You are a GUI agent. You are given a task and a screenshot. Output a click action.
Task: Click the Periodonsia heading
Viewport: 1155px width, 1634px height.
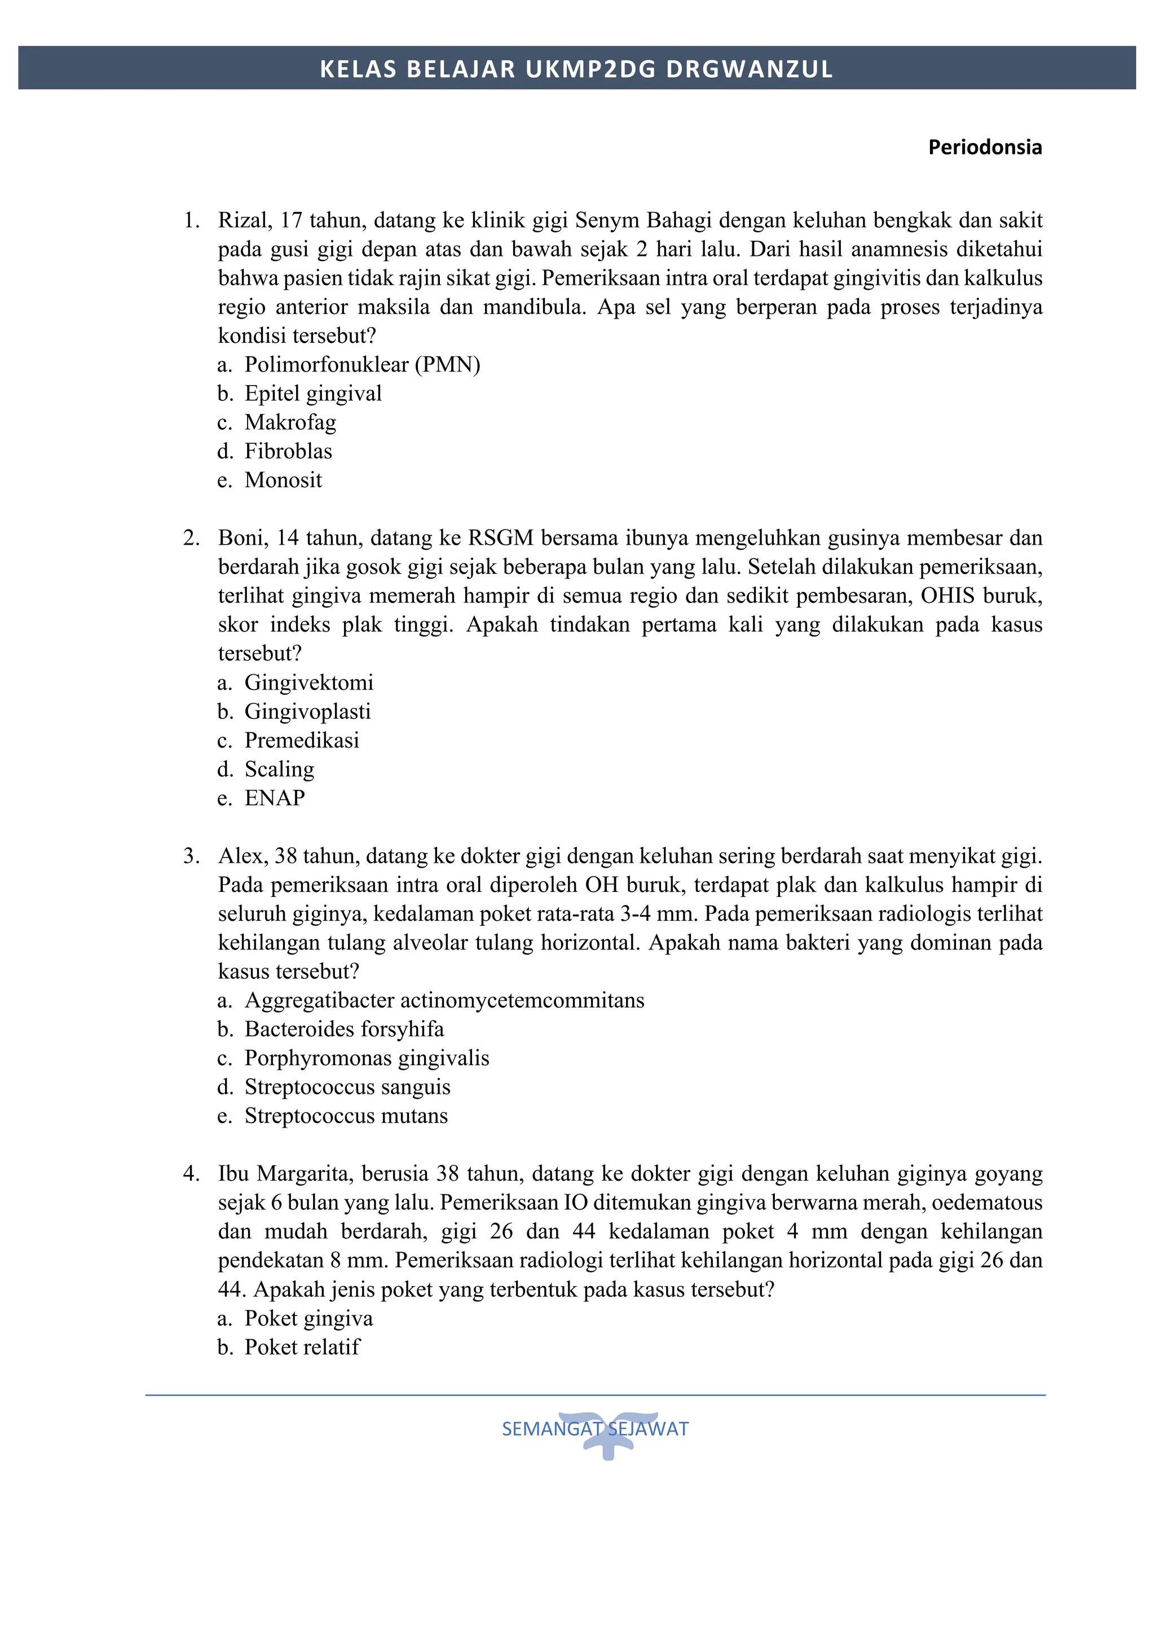[x=984, y=147]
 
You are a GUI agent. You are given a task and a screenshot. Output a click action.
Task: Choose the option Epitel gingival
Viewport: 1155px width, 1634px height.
[x=312, y=394]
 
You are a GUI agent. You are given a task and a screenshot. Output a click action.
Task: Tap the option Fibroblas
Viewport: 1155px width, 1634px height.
[x=288, y=451]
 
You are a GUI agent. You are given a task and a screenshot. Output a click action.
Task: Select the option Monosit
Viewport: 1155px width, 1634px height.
[x=283, y=480]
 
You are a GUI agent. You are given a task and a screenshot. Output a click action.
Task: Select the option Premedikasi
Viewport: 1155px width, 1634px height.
[x=301, y=740]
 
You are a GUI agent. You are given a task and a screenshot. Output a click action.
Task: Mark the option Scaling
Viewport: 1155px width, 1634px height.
[x=279, y=769]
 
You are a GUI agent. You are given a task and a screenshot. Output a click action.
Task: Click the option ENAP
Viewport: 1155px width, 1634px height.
[x=274, y=798]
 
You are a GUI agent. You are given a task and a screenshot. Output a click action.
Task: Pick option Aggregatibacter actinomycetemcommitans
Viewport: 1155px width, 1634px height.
[x=444, y=1001]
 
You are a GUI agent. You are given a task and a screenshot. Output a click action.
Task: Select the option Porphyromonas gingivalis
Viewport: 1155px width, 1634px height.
[x=367, y=1058]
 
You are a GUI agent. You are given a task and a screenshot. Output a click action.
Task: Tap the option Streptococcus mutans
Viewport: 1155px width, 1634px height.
[x=346, y=1116]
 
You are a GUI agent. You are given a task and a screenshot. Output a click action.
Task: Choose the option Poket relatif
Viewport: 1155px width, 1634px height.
[x=302, y=1347]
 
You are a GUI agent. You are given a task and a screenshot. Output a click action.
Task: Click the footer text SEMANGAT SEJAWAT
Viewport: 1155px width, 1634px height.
[x=595, y=1429]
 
